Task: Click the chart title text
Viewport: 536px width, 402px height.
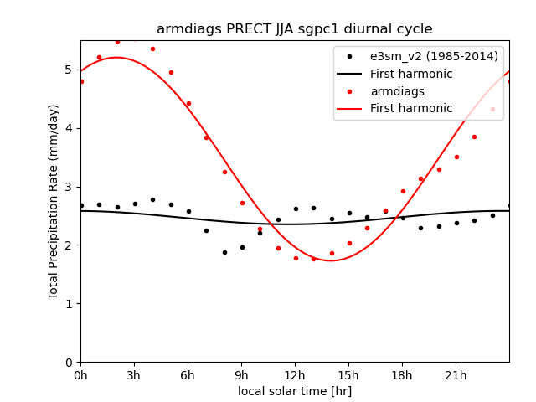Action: [295, 29]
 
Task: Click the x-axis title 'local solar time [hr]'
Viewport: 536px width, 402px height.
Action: [295, 391]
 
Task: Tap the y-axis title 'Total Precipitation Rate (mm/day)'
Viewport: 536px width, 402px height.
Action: [54, 201]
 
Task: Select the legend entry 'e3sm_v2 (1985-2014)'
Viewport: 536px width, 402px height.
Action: [434, 56]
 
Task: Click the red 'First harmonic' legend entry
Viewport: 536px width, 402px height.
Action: [411, 109]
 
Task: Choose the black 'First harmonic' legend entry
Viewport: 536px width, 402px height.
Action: [411, 74]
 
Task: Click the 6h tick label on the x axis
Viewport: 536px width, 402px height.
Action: [188, 374]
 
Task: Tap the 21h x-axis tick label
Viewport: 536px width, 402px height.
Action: [456, 374]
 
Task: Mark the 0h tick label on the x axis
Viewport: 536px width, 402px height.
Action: [80, 374]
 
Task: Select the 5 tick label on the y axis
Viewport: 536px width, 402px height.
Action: [70, 70]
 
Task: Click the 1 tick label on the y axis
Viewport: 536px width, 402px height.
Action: [70, 303]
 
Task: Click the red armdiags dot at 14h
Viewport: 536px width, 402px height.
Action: [331, 253]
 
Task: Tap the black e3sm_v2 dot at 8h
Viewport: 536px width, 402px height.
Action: [224, 252]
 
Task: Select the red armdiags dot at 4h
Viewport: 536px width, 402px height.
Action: [152, 49]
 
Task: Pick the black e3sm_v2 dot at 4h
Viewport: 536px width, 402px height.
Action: [152, 199]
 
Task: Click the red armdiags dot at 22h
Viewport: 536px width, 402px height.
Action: [474, 137]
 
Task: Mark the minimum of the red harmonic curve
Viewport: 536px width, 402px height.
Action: [331, 260]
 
